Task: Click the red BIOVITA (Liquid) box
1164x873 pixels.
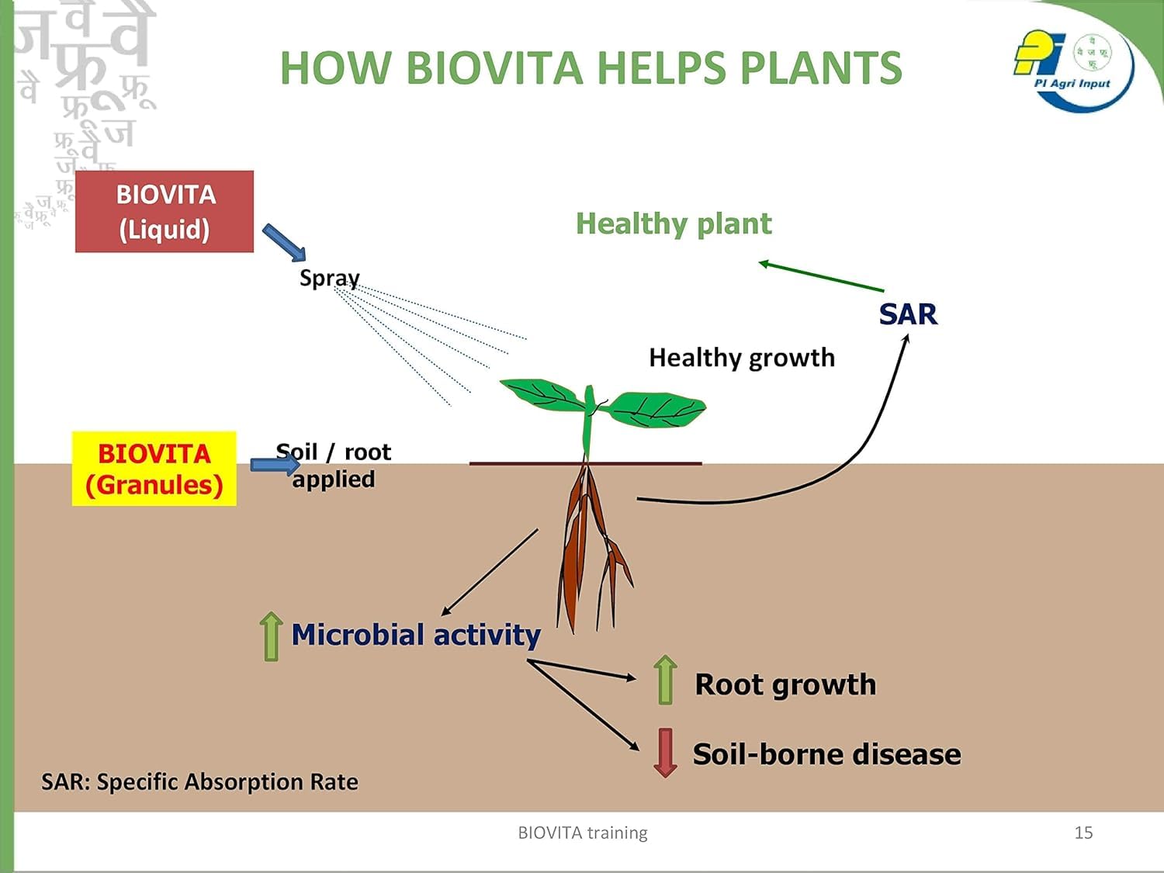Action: [x=165, y=211]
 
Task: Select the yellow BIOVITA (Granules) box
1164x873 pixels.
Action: [x=154, y=469]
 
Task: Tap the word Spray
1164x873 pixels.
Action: [x=329, y=278]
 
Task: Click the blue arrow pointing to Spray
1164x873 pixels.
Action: [x=284, y=242]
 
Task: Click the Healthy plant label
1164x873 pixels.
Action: [x=674, y=223]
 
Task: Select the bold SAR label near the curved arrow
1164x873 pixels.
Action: [x=908, y=314]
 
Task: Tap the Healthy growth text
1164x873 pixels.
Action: [x=742, y=358]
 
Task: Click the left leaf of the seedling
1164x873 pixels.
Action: [x=543, y=394]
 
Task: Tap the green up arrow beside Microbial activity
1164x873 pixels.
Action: [x=271, y=636]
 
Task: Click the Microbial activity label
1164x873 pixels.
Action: [x=416, y=635]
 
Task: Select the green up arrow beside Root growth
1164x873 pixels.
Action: [x=665, y=680]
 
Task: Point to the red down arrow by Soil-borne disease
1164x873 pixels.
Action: [x=665, y=752]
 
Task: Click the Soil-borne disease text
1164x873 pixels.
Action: [x=826, y=754]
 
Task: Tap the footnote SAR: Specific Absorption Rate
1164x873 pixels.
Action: [x=199, y=781]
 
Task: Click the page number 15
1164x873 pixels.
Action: [x=1083, y=833]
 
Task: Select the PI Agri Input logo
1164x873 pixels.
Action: [x=1072, y=66]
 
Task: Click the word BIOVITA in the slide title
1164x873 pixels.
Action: [x=494, y=68]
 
